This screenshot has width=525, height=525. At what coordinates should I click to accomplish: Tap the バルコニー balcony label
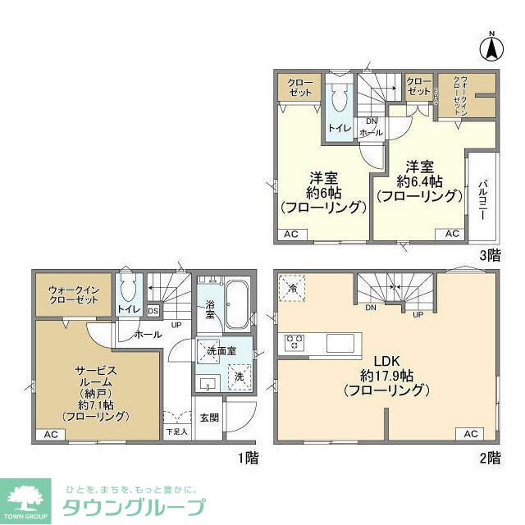coord(483,197)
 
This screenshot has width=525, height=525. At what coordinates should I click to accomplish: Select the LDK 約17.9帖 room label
coord(382,377)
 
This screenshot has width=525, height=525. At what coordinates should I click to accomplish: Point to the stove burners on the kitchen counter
coord(294,343)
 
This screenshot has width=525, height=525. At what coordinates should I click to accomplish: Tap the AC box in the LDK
coord(471,433)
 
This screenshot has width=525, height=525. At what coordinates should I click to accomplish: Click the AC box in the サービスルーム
coord(49,434)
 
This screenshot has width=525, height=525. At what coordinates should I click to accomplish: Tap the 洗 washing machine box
coord(240,375)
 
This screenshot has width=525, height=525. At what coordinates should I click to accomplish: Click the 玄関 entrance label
coord(209,418)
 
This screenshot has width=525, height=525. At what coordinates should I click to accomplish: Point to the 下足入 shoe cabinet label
coord(176,431)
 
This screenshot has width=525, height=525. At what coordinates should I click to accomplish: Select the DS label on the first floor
coord(153,310)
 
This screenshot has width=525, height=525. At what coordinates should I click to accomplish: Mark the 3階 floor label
coord(489,255)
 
